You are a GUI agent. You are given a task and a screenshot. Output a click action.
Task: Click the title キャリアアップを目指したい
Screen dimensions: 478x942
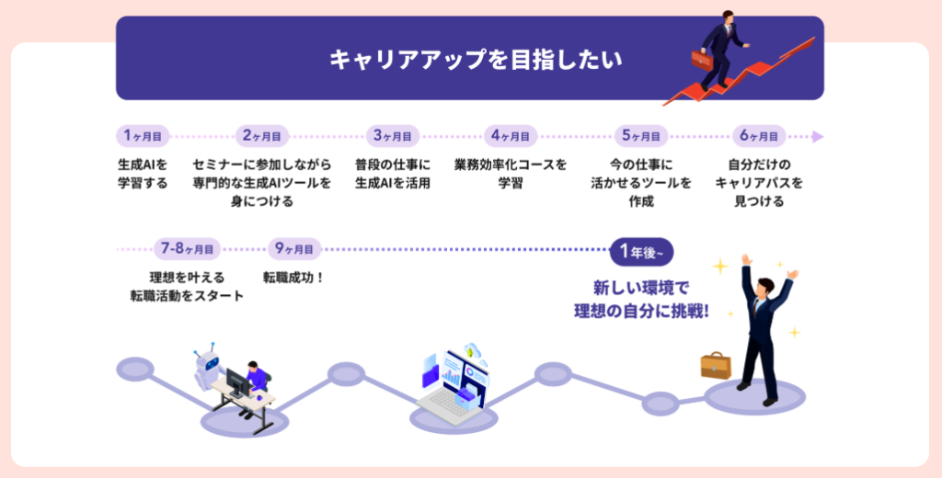[476, 60]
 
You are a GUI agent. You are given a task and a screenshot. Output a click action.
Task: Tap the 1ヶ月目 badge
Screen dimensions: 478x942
[143, 136]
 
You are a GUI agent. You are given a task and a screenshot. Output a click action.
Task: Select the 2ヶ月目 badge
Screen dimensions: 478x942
[262, 136]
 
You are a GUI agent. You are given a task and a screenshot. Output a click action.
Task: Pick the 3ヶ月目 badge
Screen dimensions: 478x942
[392, 136]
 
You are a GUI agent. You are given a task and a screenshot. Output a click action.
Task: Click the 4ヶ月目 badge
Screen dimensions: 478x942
[511, 136]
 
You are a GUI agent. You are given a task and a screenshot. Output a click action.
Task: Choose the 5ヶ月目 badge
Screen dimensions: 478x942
[641, 136]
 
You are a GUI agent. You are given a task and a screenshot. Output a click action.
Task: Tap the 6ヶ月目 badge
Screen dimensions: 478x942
[759, 136]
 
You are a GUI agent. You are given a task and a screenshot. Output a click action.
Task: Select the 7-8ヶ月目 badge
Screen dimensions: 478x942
[187, 248]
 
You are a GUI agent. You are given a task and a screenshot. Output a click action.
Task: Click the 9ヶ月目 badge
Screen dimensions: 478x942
[294, 248]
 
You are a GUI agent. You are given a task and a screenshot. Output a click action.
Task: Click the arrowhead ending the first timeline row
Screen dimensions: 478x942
[817, 137]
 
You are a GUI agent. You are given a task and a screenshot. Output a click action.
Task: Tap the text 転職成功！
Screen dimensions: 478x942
[294, 276]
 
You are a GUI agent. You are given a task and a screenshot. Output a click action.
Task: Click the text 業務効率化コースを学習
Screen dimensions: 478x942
[511, 173]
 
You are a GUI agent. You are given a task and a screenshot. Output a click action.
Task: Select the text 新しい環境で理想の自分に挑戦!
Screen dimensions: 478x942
[642, 300]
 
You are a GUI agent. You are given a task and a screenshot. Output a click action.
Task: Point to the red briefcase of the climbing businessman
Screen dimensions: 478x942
[701, 60]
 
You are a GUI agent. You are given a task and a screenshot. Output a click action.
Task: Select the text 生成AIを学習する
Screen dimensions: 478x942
[143, 173]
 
